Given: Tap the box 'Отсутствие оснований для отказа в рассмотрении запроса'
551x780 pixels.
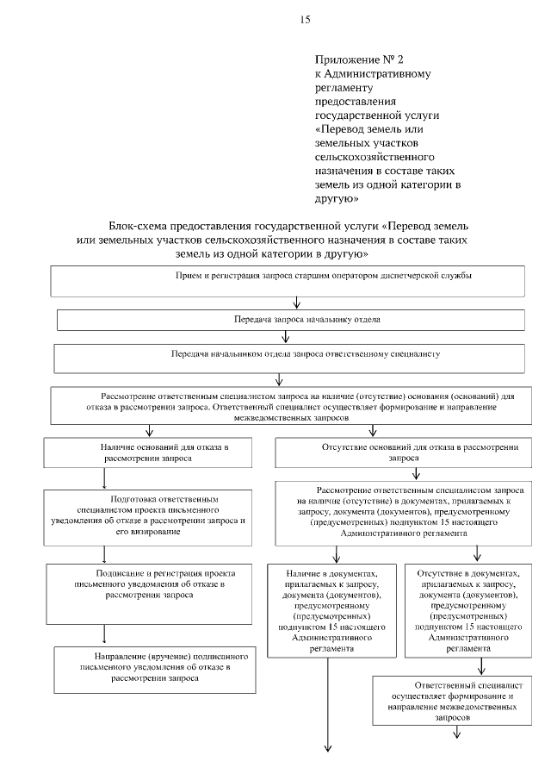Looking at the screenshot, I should pyautogui.click(x=396, y=453).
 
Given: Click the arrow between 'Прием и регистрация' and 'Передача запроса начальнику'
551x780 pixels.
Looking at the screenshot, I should pyautogui.click(x=296, y=302).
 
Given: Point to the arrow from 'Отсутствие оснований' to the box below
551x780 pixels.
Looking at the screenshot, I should pyautogui.click(x=416, y=472).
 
